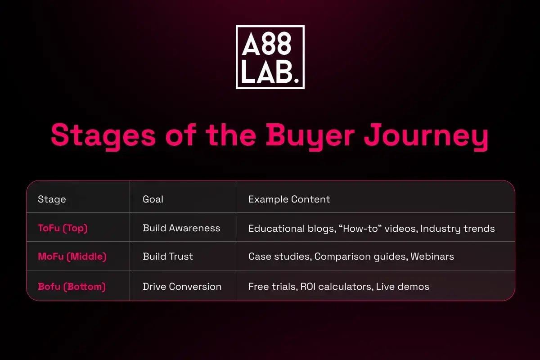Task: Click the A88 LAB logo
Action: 270,57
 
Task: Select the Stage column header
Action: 52,199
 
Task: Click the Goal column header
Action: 153,199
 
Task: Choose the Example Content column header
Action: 289,199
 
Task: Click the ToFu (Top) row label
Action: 63,228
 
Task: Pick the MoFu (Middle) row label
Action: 72,256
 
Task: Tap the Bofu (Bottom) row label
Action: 72,286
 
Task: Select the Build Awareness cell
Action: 181,228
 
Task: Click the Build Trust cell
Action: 167,256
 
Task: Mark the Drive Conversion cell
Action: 182,286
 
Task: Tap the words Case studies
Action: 279,257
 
